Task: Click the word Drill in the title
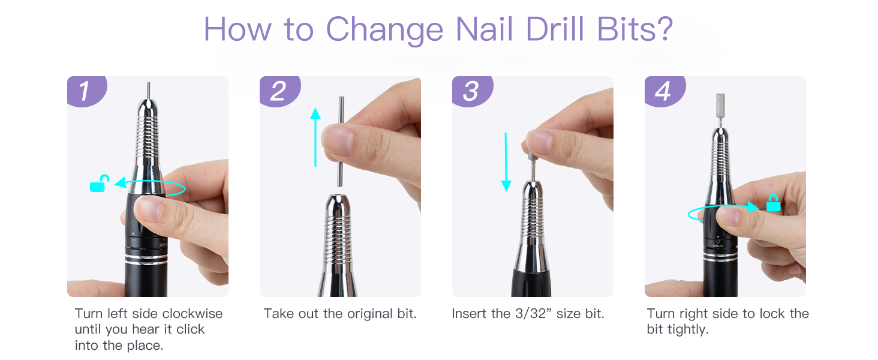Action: point(555,29)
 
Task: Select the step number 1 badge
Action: point(87,91)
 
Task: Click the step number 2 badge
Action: point(280,91)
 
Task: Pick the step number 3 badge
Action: point(473,91)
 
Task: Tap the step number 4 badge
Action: point(664,91)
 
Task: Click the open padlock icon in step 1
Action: point(99,183)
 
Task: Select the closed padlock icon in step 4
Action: point(773,203)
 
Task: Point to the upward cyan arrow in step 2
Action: point(315,137)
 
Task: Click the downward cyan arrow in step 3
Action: point(506,162)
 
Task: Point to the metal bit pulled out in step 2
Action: point(341,141)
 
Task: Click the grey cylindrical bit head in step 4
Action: point(720,104)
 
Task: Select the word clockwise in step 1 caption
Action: point(193,314)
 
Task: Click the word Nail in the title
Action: point(485,29)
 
